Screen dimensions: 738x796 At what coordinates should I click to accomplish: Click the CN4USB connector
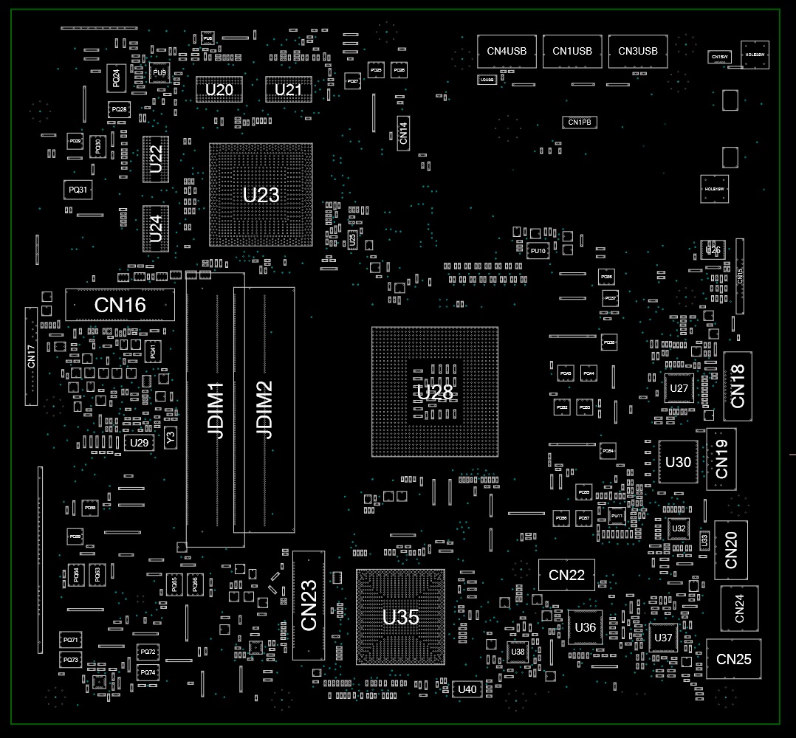click(x=507, y=51)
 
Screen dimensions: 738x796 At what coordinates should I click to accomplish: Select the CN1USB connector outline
click(x=572, y=51)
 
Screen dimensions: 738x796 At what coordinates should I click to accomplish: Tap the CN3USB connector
click(x=638, y=51)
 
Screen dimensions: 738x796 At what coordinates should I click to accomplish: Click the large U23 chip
click(x=261, y=195)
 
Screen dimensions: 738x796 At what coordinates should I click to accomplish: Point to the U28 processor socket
click(x=434, y=392)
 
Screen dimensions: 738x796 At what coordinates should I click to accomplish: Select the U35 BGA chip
click(x=400, y=617)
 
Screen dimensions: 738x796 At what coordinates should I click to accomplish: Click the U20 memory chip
click(x=219, y=89)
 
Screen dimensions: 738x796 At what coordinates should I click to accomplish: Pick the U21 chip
click(x=288, y=89)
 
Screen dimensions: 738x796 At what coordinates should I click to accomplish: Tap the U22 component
click(x=156, y=159)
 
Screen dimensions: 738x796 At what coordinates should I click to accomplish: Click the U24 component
click(x=156, y=229)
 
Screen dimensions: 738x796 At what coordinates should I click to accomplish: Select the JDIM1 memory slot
click(x=215, y=410)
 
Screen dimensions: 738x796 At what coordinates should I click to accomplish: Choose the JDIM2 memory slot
click(x=264, y=410)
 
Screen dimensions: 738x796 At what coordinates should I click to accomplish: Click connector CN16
click(x=120, y=305)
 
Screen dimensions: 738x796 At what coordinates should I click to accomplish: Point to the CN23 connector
click(x=309, y=605)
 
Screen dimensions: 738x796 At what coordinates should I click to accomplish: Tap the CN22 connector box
click(x=566, y=575)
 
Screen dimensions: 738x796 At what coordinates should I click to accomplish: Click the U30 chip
click(x=678, y=462)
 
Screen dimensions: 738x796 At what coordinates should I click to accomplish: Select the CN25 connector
click(x=733, y=658)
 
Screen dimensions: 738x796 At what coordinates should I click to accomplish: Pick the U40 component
click(x=467, y=689)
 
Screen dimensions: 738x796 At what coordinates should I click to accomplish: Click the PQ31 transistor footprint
click(x=78, y=190)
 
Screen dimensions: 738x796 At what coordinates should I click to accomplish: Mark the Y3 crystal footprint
click(x=171, y=438)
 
